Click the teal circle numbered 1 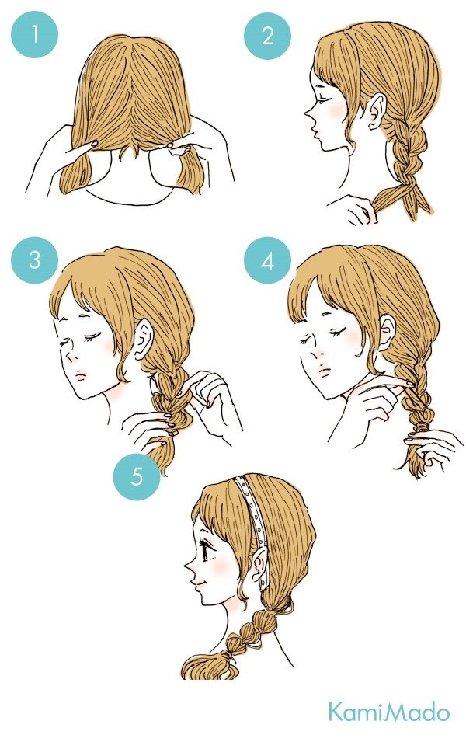[x=34, y=34]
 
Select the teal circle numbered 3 [x=34, y=260]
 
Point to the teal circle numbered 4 [x=267, y=260]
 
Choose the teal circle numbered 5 [x=137, y=476]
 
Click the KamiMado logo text [x=389, y=712]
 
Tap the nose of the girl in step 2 [x=308, y=115]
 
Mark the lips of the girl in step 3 [x=82, y=376]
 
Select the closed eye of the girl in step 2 [x=324, y=92]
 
